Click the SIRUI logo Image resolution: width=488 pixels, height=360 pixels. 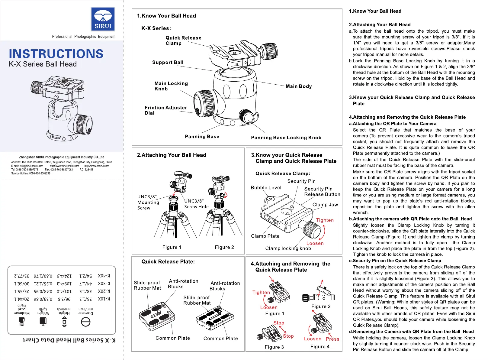click(103, 19)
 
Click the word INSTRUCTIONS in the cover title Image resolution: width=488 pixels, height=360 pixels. click(56, 54)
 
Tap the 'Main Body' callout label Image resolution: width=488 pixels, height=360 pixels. click(299, 86)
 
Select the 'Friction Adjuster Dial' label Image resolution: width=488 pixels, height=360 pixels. click(166, 110)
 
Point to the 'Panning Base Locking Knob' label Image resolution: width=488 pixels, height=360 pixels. click(286, 138)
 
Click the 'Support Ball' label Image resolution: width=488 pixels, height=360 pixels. click(168, 62)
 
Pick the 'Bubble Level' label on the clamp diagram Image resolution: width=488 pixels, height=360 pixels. click(266, 187)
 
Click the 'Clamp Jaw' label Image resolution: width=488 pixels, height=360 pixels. click(325, 205)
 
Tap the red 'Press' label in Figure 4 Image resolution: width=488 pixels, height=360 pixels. click(332, 339)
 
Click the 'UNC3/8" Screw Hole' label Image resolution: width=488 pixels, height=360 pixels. click(196, 204)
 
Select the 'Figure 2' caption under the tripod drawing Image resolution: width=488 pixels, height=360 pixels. click(224, 247)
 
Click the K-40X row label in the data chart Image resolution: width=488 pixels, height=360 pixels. click(104, 276)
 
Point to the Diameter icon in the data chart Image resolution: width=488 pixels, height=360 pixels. click(86, 322)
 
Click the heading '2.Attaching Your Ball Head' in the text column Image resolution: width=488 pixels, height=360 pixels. click(380, 25)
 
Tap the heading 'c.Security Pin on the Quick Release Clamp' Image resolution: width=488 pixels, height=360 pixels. click(395, 261)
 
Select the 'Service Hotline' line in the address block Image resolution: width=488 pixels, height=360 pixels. click(31, 173)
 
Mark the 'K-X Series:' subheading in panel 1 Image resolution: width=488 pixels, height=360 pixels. click(156, 28)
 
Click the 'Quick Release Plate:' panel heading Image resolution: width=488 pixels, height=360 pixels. click(168, 261)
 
